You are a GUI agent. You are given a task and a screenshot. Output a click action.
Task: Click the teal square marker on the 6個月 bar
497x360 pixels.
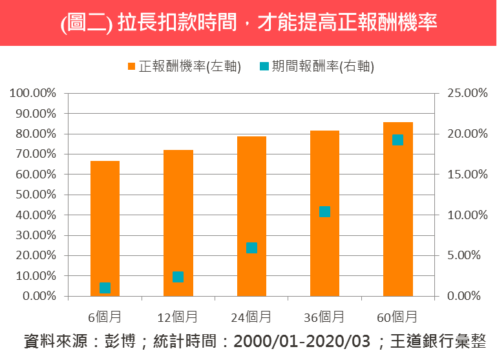coord(105,288)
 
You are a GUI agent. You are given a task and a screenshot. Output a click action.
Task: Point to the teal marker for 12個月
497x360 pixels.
coord(178,277)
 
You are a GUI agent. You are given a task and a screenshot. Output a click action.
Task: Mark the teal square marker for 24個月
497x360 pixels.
coord(251,248)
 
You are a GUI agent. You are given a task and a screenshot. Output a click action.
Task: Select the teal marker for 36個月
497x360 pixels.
coord(324,211)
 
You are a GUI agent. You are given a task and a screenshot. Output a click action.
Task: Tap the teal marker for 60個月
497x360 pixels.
coord(397,140)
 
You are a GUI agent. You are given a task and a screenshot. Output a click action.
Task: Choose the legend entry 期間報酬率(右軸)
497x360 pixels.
coord(317,66)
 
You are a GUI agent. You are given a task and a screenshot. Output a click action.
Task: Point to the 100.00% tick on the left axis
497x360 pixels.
coord(33,93)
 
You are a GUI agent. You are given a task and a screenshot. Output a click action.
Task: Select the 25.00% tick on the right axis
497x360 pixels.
coord(461,93)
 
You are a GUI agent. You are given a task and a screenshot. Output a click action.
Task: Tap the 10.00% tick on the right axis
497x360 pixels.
coord(461,215)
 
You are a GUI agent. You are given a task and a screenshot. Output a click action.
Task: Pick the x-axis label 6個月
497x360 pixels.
coord(105,317)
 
